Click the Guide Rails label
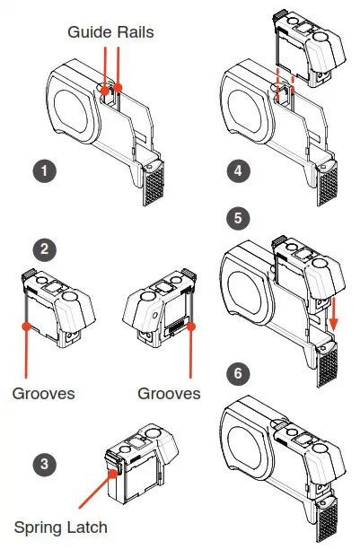coord(110,30)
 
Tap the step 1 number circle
coord(40,169)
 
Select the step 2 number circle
coord(40,248)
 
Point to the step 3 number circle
coord(40,464)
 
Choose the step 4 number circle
coord(236,169)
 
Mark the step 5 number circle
coord(236,218)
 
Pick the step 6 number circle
coord(236,370)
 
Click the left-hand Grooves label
coord(44,394)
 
